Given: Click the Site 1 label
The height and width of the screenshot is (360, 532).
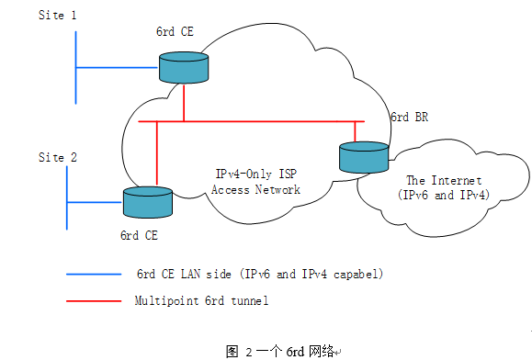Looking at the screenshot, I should click(x=57, y=16).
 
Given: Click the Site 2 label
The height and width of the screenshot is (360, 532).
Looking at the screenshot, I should click(x=57, y=157).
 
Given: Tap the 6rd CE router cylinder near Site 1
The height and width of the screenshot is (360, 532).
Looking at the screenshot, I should click(x=184, y=67).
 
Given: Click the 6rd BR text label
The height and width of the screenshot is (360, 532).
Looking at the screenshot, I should click(x=409, y=118).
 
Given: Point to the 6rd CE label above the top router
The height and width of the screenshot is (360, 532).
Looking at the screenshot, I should click(x=175, y=32).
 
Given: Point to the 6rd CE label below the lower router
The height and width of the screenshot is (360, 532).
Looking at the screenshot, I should click(x=140, y=235).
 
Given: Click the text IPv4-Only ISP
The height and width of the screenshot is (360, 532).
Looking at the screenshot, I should click(x=255, y=174).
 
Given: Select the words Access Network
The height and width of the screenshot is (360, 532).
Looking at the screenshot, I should click(x=255, y=190).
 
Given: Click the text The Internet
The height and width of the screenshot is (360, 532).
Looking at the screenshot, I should click(x=444, y=181).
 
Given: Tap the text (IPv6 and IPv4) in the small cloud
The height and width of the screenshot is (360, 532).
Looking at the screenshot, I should click(x=445, y=196).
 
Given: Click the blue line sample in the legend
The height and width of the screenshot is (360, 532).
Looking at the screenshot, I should click(x=94, y=274).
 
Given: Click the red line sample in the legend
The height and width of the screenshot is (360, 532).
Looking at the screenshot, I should click(x=94, y=299).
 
